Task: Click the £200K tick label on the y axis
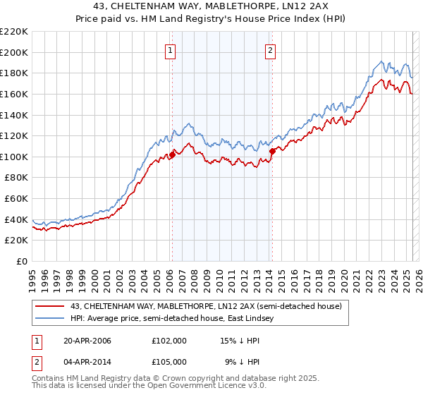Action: pos(14,52)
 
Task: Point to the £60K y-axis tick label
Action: pos(16,199)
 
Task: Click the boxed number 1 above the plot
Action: pos(171,50)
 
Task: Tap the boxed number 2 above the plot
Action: pos(271,50)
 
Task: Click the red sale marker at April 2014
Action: pos(271,151)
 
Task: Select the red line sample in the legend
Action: pos(50,306)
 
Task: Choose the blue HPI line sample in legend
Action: pos(50,319)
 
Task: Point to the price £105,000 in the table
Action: pos(169,361)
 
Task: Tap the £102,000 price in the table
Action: pos(169,341)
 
